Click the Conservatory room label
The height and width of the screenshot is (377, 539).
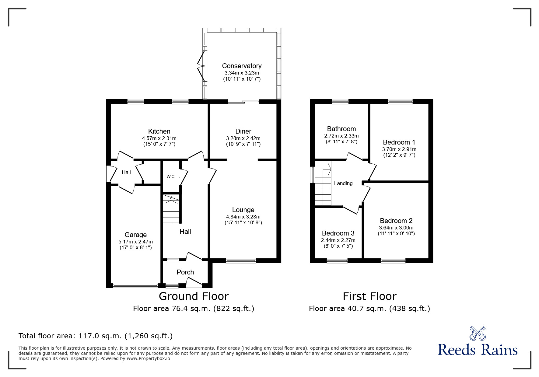point(242,66)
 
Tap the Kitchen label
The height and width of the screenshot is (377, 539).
point(159,131)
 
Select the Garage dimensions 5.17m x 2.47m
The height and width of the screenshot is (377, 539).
point(136,242)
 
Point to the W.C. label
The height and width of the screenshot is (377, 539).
point(171,176)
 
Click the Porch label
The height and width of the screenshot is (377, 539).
point(185,272)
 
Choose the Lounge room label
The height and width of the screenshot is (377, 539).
point(243,210)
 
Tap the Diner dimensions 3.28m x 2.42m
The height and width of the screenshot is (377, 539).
point(243,138)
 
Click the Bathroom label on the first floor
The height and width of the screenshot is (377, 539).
point(341,129)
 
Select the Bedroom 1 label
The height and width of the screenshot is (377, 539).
point(399,142)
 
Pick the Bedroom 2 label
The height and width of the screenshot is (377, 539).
point(396,221)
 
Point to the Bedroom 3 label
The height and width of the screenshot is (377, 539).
point(338,233)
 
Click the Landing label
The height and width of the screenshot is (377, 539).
point(343,183)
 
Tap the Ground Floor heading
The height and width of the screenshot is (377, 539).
point(194,296)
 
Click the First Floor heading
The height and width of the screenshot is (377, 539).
point(370,296)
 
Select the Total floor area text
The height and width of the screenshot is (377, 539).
point(96,336)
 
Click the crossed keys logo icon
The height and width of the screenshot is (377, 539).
point(478,333)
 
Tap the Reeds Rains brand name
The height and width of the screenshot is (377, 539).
point(478,350)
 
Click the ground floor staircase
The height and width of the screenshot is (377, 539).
point(171,209)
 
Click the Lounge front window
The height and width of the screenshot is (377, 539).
point(241,260)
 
